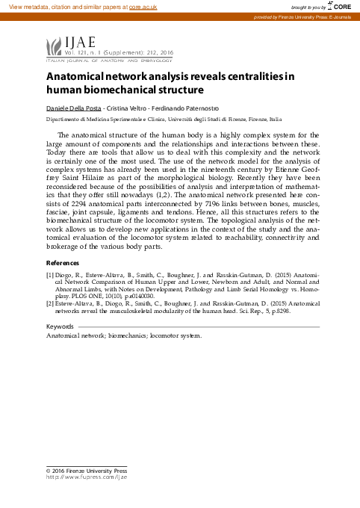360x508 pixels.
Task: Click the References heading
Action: (63, 263)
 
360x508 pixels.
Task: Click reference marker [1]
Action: (49, 274)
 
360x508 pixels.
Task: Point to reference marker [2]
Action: (49, 304)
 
